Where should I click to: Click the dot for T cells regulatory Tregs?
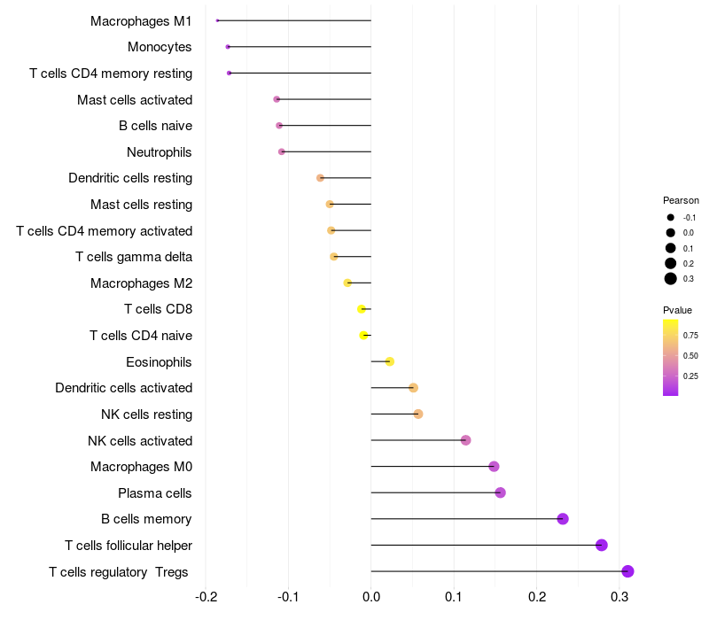[x=627, y=571]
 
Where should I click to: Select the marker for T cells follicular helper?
[x=602, y=545]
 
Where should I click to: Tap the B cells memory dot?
[x=562, y=519]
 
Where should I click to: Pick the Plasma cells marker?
[x=500, y=492]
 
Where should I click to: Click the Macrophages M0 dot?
[x=494, y=467]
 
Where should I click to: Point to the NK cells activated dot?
[x=465, y=440]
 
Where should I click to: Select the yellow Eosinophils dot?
[x=390, y=361]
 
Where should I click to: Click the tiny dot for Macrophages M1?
[x=217, y=20]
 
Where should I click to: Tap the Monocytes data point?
[x=228, y=46]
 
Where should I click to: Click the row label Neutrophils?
[x=160, y=152]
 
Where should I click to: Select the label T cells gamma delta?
[x=134, y=257]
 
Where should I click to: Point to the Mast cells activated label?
[x=135, y=100]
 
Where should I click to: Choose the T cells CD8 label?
[x=159, y=309]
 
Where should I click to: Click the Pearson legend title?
[x=681, y=200]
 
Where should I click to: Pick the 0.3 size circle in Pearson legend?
[x=671, y=279]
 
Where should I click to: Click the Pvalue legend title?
[x=678, y=310]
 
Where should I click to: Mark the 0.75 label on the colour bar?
[x=691, y=336]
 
